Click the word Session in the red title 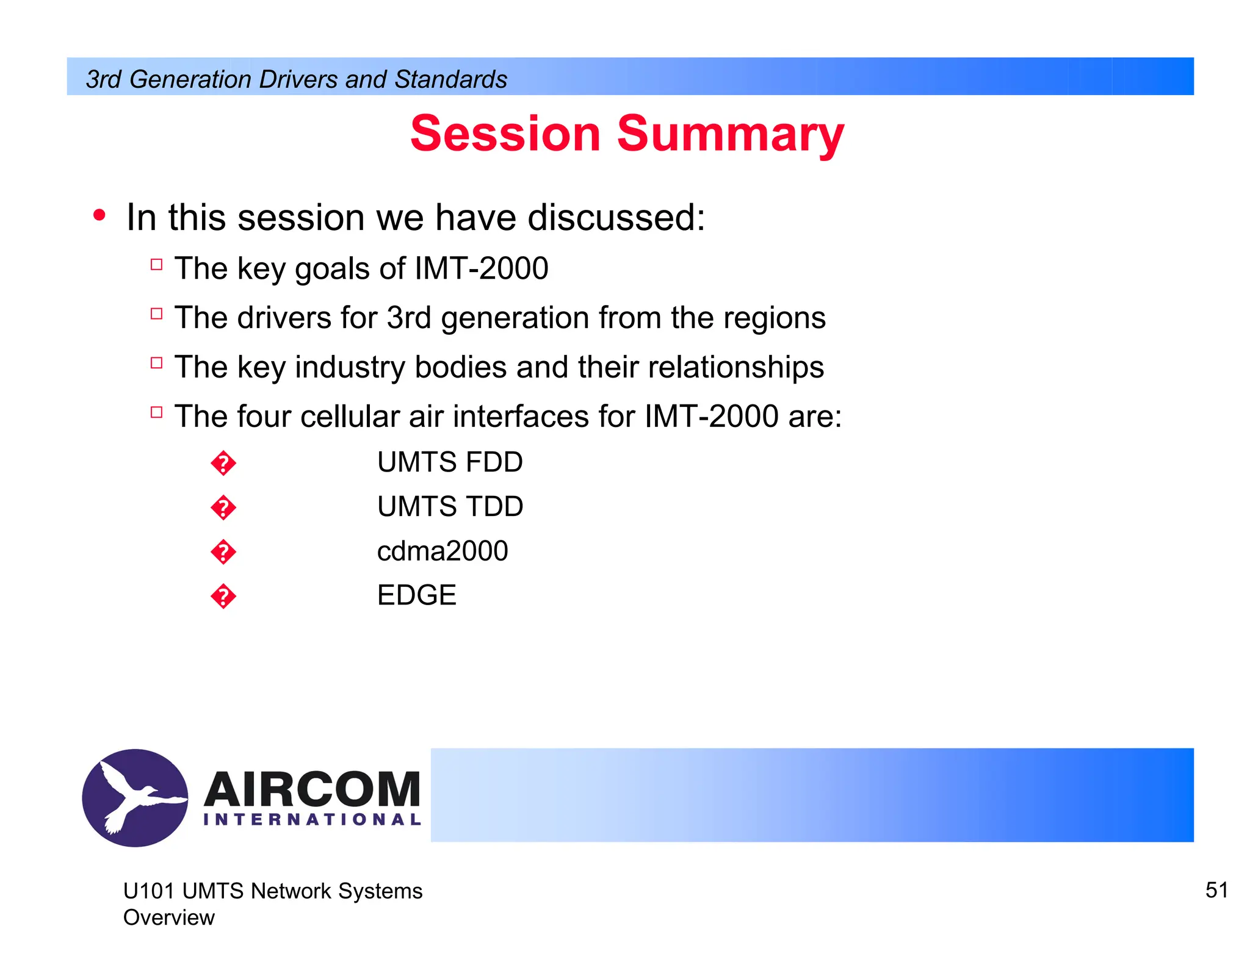[505, 134]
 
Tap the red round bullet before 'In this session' [99, 215]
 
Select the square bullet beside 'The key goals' [156, 265]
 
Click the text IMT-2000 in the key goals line [481, 268]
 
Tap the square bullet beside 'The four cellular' [156, 412]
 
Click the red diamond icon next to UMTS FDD [223, 464]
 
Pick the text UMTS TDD [450, 506]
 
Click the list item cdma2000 [443, 551]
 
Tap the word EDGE [417, 595]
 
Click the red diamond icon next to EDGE [223, 596]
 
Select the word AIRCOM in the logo [312, 789]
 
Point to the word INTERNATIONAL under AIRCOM [312, 819]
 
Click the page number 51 [1216, 890]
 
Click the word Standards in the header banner [450, 79]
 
